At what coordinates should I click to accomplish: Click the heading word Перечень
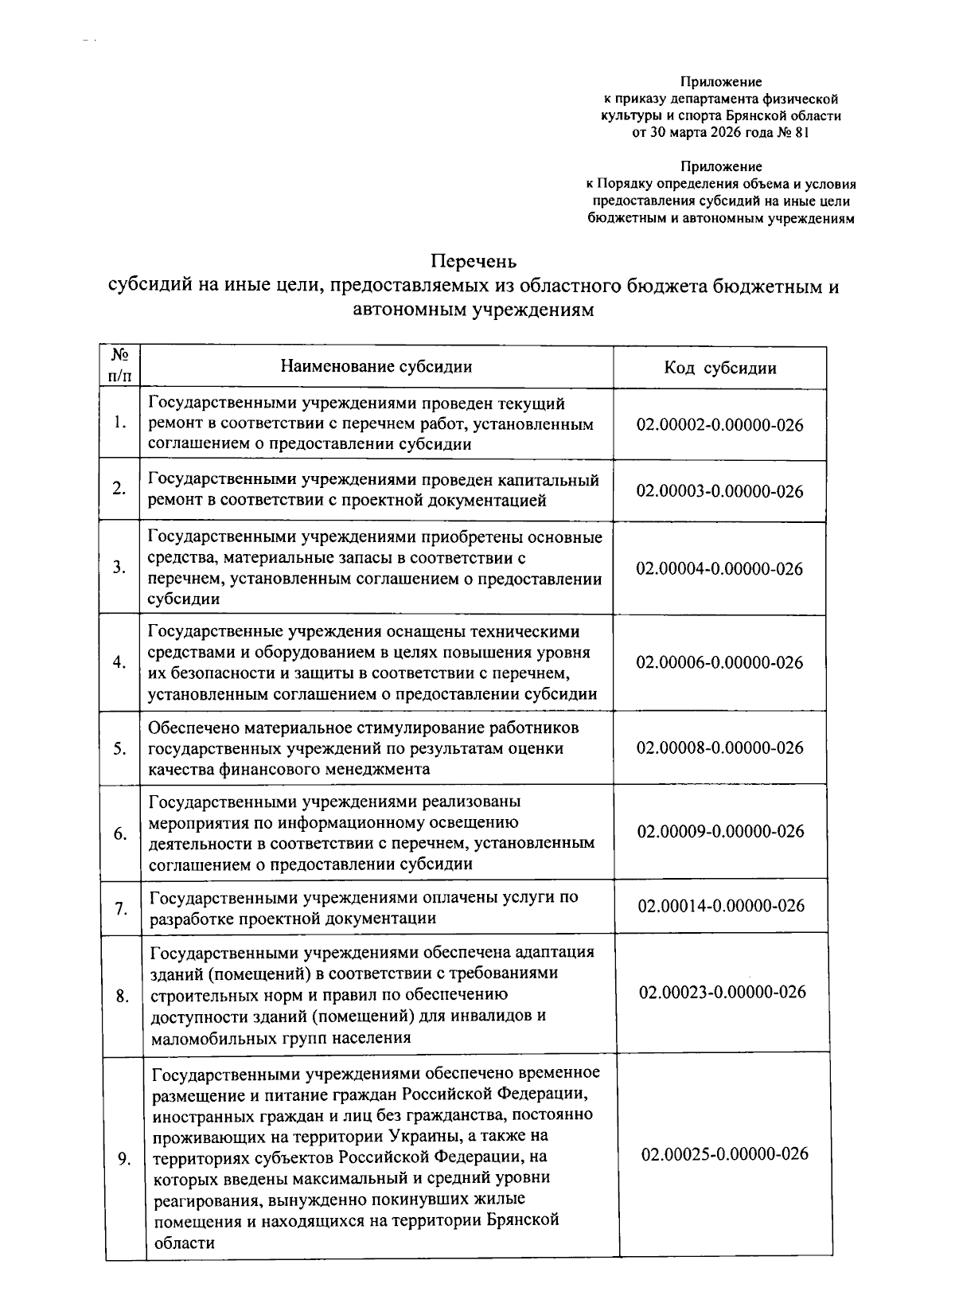pyautogui.click(x=474, y=261)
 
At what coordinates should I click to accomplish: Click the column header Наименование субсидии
pyautogui.click(x=376, y=366)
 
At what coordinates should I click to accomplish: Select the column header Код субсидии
pyautogui.click(x=719, y=368)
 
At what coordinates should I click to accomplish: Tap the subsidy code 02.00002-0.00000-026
pyautogui.click(x=719, y=424)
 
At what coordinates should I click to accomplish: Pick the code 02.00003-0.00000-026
pyautogui.click(x=719, y=491)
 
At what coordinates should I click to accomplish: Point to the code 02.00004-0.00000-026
pyautogui.click(x=719, y=569)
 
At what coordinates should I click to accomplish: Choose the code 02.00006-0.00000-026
pyautogui.click(x=719, y=662)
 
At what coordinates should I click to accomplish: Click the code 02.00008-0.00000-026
pyautogui.click(x=719, y=748)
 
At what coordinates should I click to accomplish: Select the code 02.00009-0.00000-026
pyautogui.click(x=719, y=832)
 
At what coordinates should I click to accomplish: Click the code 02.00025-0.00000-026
pyautogui.click(x=724, y=1154)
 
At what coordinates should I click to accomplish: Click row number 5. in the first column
pyautogui.click(x=120, y=749)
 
